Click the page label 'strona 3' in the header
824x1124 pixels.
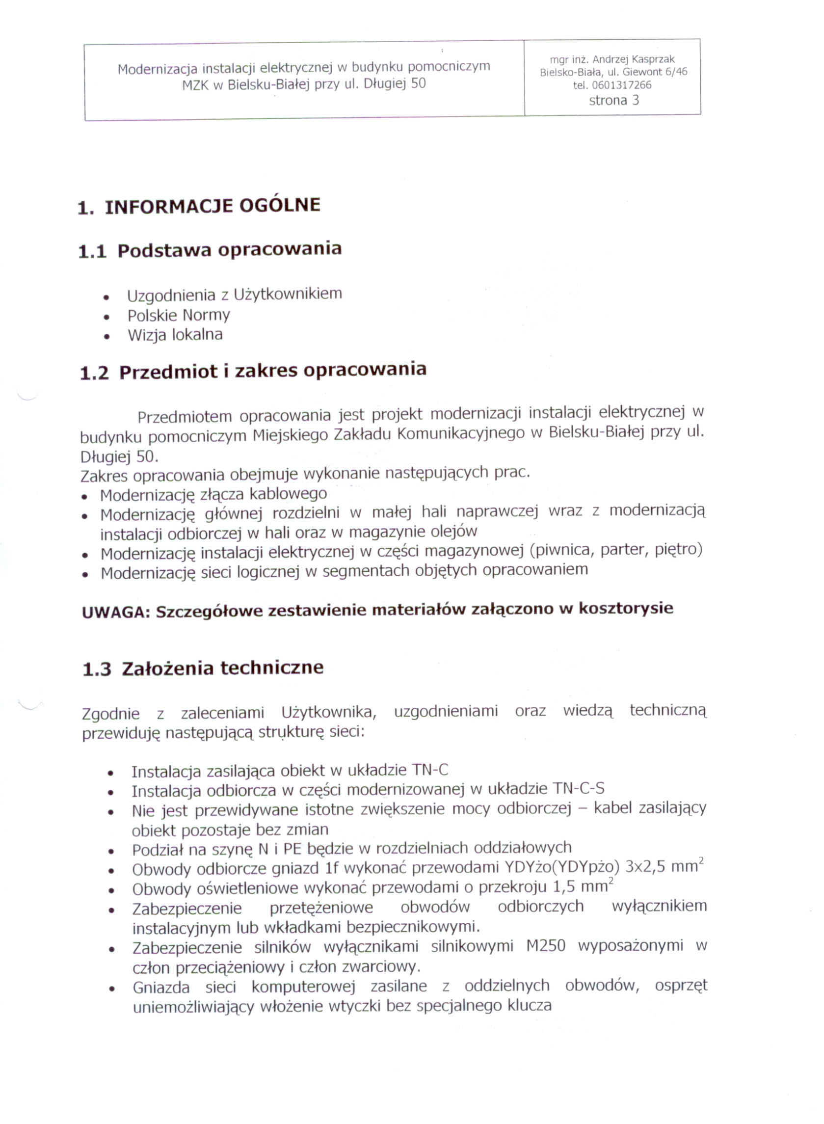tap(613, 100)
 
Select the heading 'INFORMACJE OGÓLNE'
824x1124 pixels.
tap(213, 206)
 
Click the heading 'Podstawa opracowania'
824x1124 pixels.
tap(230, 249)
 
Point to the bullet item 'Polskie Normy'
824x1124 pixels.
tap(179, 315)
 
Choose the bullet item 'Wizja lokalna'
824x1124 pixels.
tap(175, 335)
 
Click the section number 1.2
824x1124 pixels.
tap(94, 373)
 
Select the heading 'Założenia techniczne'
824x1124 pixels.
tap(223, 668)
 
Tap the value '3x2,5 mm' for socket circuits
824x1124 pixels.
tap(661, 867)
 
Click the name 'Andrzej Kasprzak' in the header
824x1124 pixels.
tap(634, 59)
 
